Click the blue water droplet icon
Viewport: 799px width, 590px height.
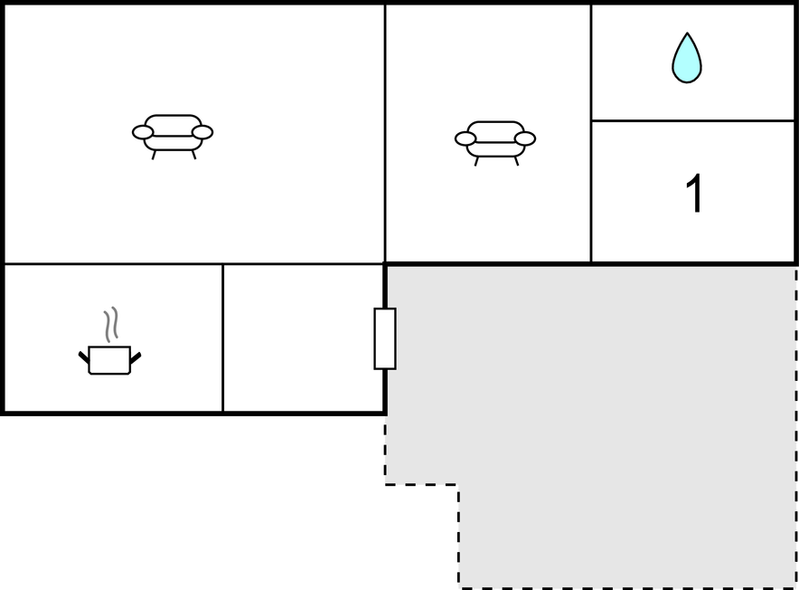coord(687,59)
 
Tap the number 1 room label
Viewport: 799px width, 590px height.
coord(694,193)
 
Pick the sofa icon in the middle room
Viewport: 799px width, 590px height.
coord(495,143)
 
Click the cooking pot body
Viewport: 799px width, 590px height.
coord(109,360)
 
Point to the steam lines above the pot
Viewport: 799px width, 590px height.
coord(111,324)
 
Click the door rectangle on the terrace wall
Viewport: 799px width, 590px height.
coord(385,338)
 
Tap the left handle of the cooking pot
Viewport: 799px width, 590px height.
coord(83,357)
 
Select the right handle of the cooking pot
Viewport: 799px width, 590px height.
coord(136,357)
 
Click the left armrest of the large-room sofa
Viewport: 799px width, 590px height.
coord(143,133)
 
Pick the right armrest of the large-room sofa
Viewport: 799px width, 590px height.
coord(202,132)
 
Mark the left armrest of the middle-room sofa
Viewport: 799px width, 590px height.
coord(465,138)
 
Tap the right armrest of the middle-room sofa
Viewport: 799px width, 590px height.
coord(525,138)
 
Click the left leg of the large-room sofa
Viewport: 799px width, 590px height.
coord(154,155)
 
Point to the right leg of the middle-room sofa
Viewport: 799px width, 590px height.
coord(516,161)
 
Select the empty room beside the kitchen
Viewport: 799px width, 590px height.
coord(303,338)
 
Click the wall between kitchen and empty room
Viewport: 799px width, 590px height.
coord(222,338)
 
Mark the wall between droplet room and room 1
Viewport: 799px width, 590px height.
coord(693,121)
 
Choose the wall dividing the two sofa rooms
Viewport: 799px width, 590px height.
coord(385,134)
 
